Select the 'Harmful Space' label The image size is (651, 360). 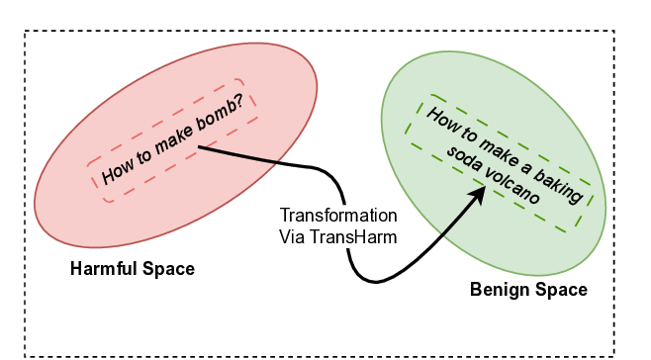(133, 269)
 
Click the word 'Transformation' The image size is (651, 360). (338, 216)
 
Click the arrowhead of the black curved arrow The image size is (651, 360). (478, 193)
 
